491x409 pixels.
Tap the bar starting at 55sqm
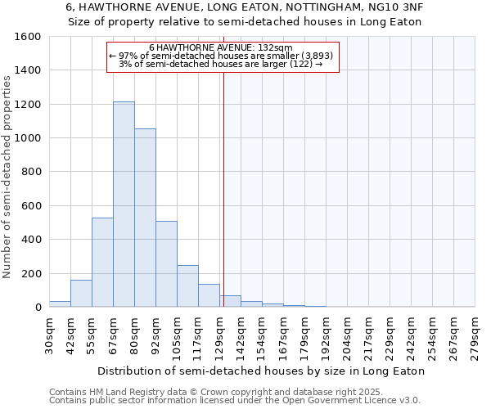[x=102, y=262]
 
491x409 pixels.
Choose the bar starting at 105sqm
[x=187, y=285]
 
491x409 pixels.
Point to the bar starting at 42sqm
[x=81, y=293]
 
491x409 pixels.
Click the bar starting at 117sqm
[x=209, y=295]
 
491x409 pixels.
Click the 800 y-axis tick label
[x=31, y=172]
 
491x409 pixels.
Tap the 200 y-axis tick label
[x=31, y=273]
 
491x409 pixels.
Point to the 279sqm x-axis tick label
[x=475, y=334]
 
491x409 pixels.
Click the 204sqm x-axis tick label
[x=347, y=334]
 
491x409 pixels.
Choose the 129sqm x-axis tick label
[x=219, y=334]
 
